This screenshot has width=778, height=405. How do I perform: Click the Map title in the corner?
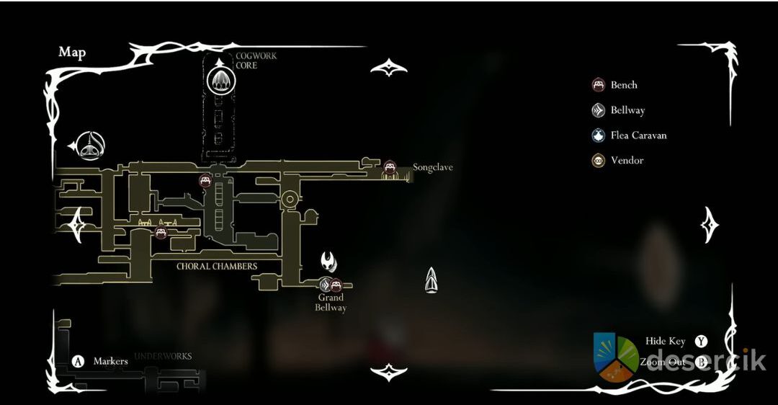pyautogui.click(x=72, y=52)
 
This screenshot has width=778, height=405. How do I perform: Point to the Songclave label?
pyautogui.click(x=432, y=167)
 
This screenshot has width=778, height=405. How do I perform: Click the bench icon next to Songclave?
pyautogui.click(x=390, y=167)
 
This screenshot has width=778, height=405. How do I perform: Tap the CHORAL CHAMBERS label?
pyautogui.click(x=217, y=266)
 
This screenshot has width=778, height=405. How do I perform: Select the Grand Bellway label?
pyautogui.click(x=331, y=303)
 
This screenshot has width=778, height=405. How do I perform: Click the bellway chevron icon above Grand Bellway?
pyautogui.click(x=325, y=285)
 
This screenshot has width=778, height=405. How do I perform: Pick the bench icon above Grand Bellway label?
pyautogui.click(x=336, y=285)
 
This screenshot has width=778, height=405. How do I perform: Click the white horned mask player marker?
pyautogui.click(x=329, y=261)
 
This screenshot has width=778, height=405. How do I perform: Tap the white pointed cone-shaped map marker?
pyautogui.click(x=431, y=280)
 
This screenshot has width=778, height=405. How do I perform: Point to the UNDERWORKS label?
pyautogui.click(x=163, y=356)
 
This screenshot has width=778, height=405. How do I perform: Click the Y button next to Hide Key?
pyautogui.click(x=700, y=341)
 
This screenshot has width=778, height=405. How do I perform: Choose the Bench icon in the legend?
pyautogui.click(x=598, y=85)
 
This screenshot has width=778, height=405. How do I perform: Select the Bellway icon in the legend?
pyautogui.click(x=598, y=110)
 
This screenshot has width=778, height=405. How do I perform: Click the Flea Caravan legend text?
pyautogui.click(x=638, y=135)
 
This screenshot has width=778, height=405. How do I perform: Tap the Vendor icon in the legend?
pyautogui.click(x=598, y=161)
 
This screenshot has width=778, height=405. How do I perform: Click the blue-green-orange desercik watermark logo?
pyautogui.click(x=615, y=357)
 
